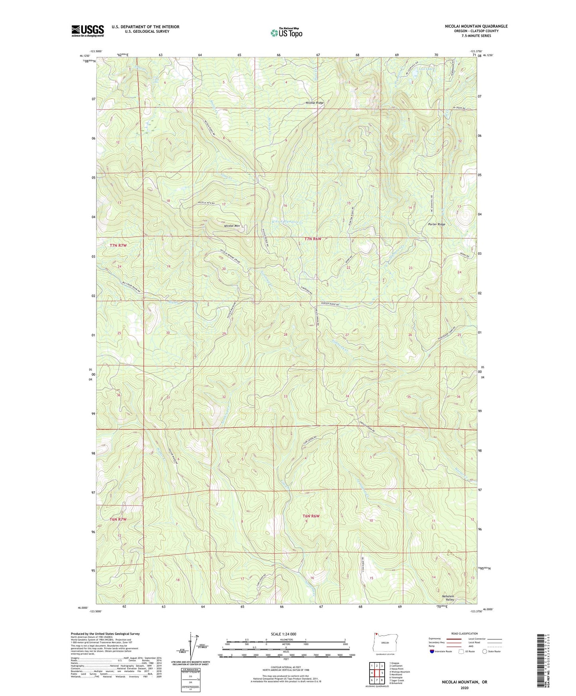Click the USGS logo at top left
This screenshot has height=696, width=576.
(x=87, y=31)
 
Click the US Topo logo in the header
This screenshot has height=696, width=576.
(x=286, y=33)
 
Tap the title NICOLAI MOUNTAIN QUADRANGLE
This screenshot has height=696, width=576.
(x=476, y=26)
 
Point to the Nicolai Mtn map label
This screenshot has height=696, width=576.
(x=232, y=226)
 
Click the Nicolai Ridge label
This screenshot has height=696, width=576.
(x=315, y=103)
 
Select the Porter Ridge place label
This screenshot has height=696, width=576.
(x=436, y=224)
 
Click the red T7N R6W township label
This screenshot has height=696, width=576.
(x=313, y=239)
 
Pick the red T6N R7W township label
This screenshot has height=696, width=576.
(x=118, y=519)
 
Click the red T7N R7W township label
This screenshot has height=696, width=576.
(x=118, y=246)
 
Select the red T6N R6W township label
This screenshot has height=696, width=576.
(x=311, y=516)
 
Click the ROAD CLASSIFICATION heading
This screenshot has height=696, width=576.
(x=464, y=633)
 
